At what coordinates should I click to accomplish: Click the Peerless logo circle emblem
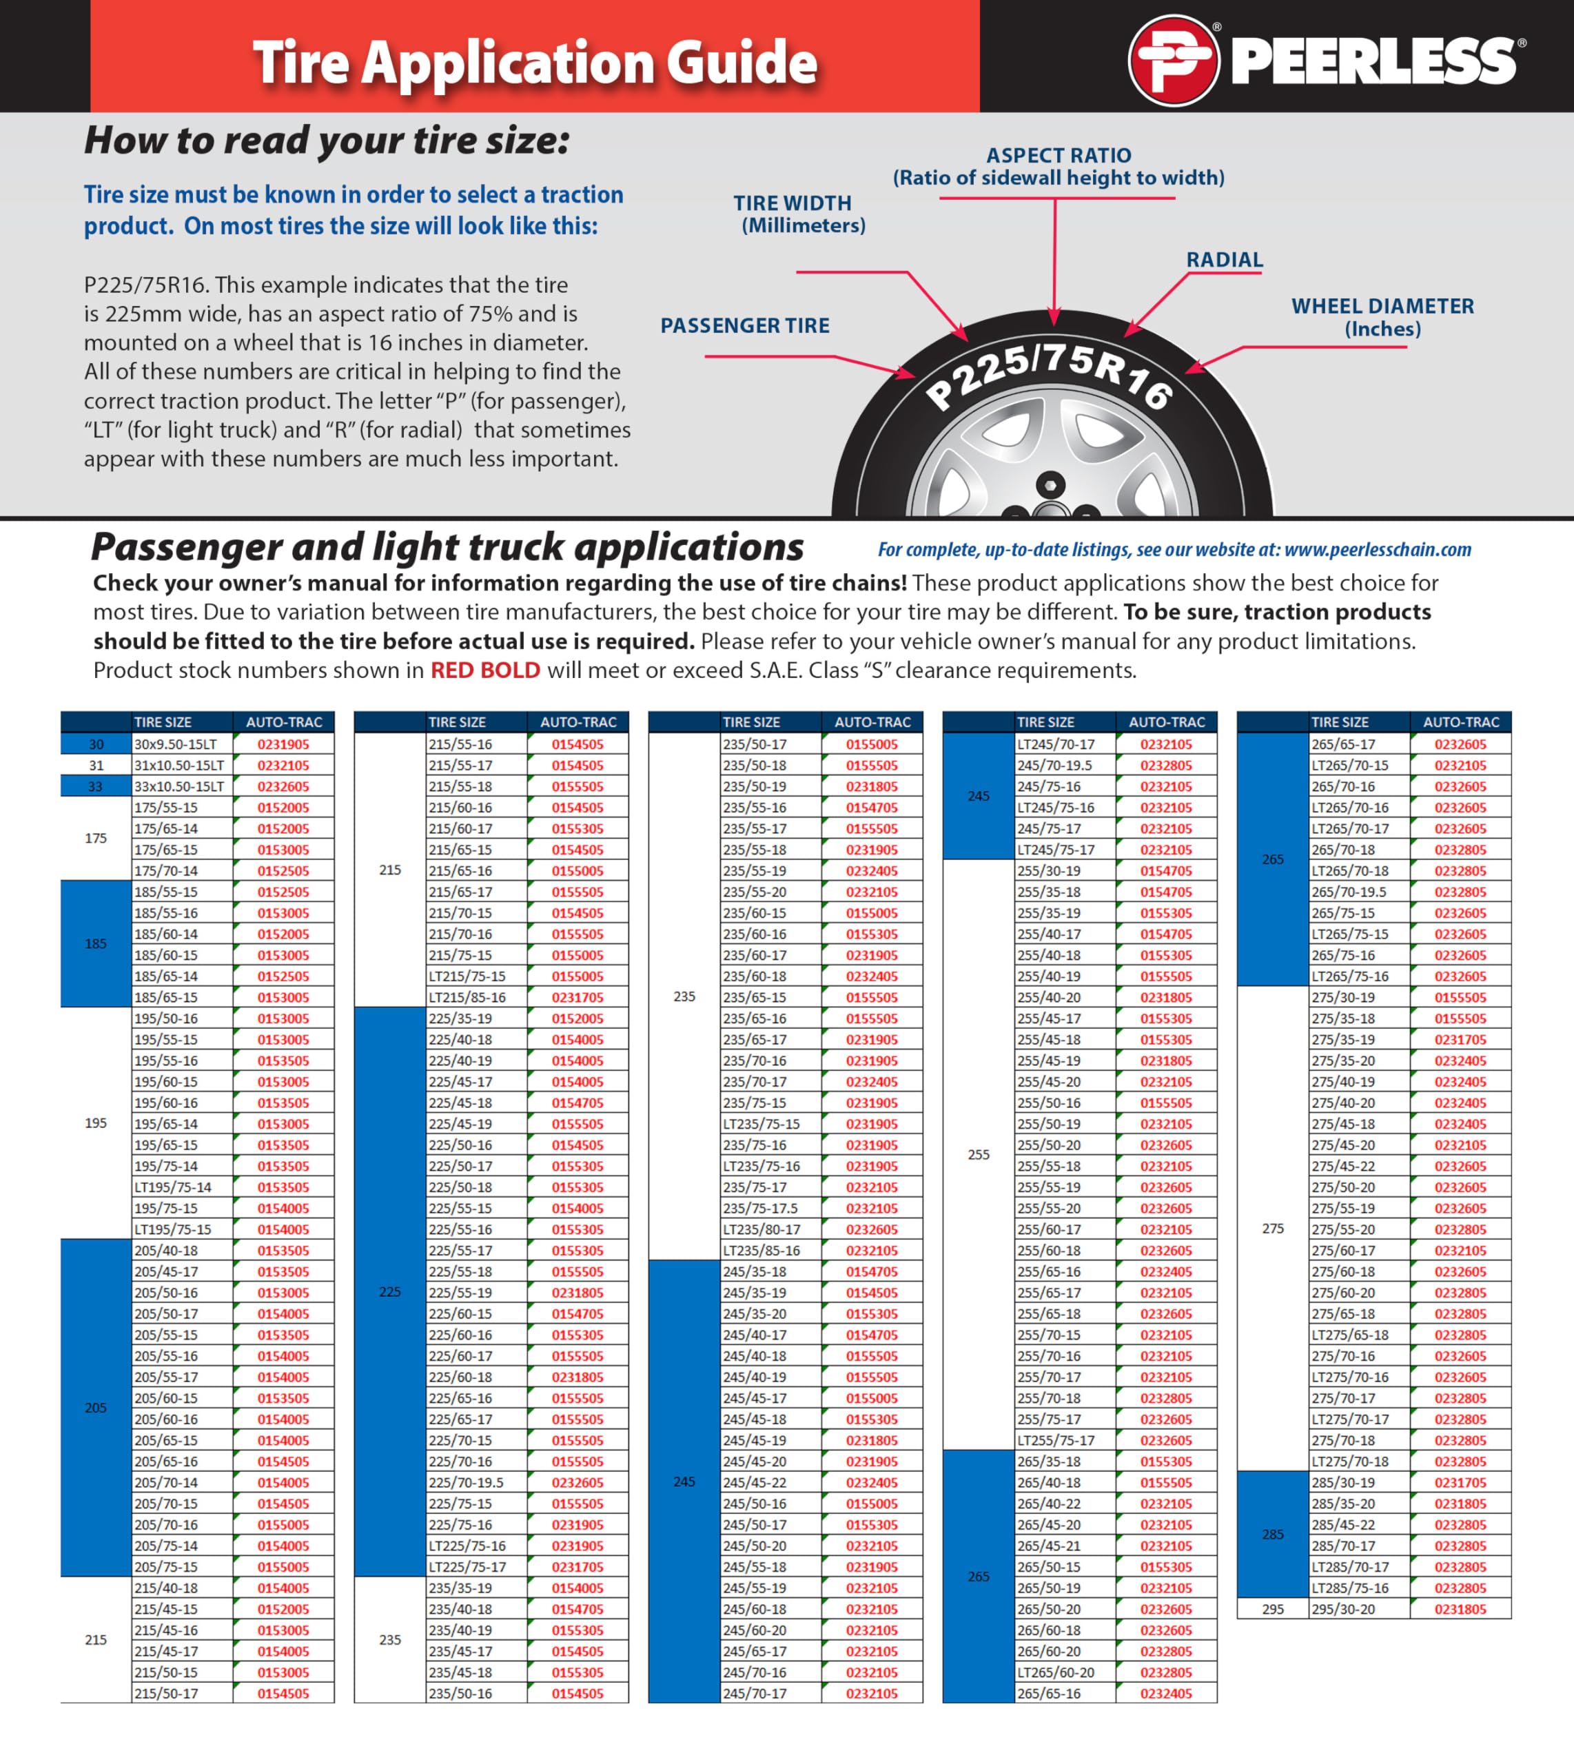pos(1174,60)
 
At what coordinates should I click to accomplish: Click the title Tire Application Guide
pos(535,62)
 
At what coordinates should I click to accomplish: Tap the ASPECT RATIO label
pos(1059,156)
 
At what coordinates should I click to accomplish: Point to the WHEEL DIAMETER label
pos(1382,306)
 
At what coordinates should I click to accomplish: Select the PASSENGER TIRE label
pos(745,326)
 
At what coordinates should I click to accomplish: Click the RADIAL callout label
pos(1224,260)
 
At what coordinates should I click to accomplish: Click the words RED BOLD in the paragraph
pos(485,670)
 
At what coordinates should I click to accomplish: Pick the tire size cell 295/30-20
pos(1348,1609)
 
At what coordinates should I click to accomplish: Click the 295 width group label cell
pos(1272,1609)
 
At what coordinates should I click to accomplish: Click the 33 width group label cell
pos(96,787)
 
